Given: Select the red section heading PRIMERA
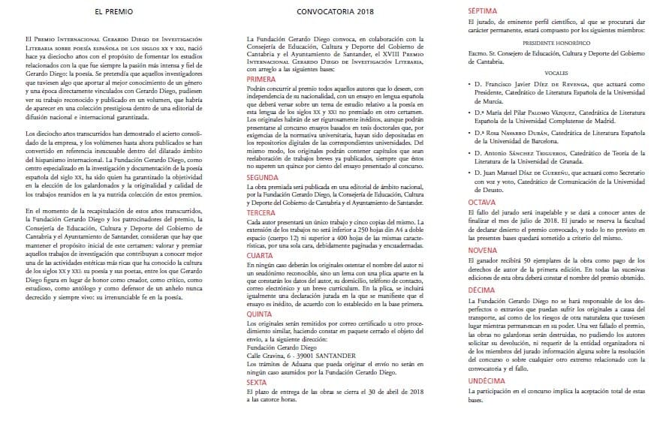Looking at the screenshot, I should click(x=261, y=79).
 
